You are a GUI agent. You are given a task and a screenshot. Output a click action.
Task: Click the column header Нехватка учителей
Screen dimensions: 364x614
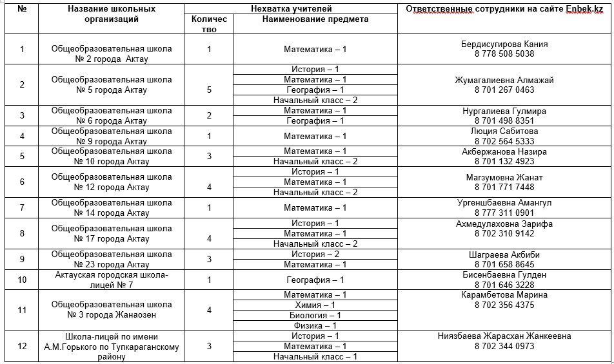(291, 8)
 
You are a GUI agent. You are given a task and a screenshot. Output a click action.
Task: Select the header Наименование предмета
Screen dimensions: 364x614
(315, 19)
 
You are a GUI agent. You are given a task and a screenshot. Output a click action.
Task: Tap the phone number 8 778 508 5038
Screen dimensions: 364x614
(504, 54)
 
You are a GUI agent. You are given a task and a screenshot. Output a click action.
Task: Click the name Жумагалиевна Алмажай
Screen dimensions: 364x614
(504, 81)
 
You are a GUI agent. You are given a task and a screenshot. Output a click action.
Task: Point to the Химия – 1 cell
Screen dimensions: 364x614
(315, 305)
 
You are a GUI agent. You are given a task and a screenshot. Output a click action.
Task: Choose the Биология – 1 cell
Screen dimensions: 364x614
(315, 316)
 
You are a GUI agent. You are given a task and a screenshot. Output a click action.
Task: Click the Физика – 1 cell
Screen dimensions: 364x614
(315, 326)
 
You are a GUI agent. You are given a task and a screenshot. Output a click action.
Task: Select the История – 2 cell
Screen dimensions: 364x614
(315, 254)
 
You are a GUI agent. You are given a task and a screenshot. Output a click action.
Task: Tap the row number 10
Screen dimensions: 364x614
(22, 280)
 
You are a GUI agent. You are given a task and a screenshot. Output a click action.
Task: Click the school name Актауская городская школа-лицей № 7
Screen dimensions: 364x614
(112, 280)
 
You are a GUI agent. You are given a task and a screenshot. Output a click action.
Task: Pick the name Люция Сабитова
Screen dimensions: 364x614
(504, 131)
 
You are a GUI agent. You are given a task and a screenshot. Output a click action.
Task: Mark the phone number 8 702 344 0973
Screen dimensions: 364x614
(504, 347)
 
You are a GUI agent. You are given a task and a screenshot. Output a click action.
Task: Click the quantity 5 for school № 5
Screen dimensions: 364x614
(209, 90)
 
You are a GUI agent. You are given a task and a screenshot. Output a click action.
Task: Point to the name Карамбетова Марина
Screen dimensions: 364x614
(504, 295)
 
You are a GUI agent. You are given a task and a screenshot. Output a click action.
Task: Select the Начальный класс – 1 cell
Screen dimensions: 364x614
(315, 357)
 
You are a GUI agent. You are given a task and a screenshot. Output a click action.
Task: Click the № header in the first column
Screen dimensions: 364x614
(22, 9)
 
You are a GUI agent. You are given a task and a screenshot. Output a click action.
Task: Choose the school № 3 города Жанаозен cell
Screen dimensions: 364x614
(112, 310)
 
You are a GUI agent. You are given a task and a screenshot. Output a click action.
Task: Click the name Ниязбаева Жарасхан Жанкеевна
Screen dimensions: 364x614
(504, 336)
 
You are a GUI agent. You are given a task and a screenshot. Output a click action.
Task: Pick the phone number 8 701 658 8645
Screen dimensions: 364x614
(504, 265)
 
